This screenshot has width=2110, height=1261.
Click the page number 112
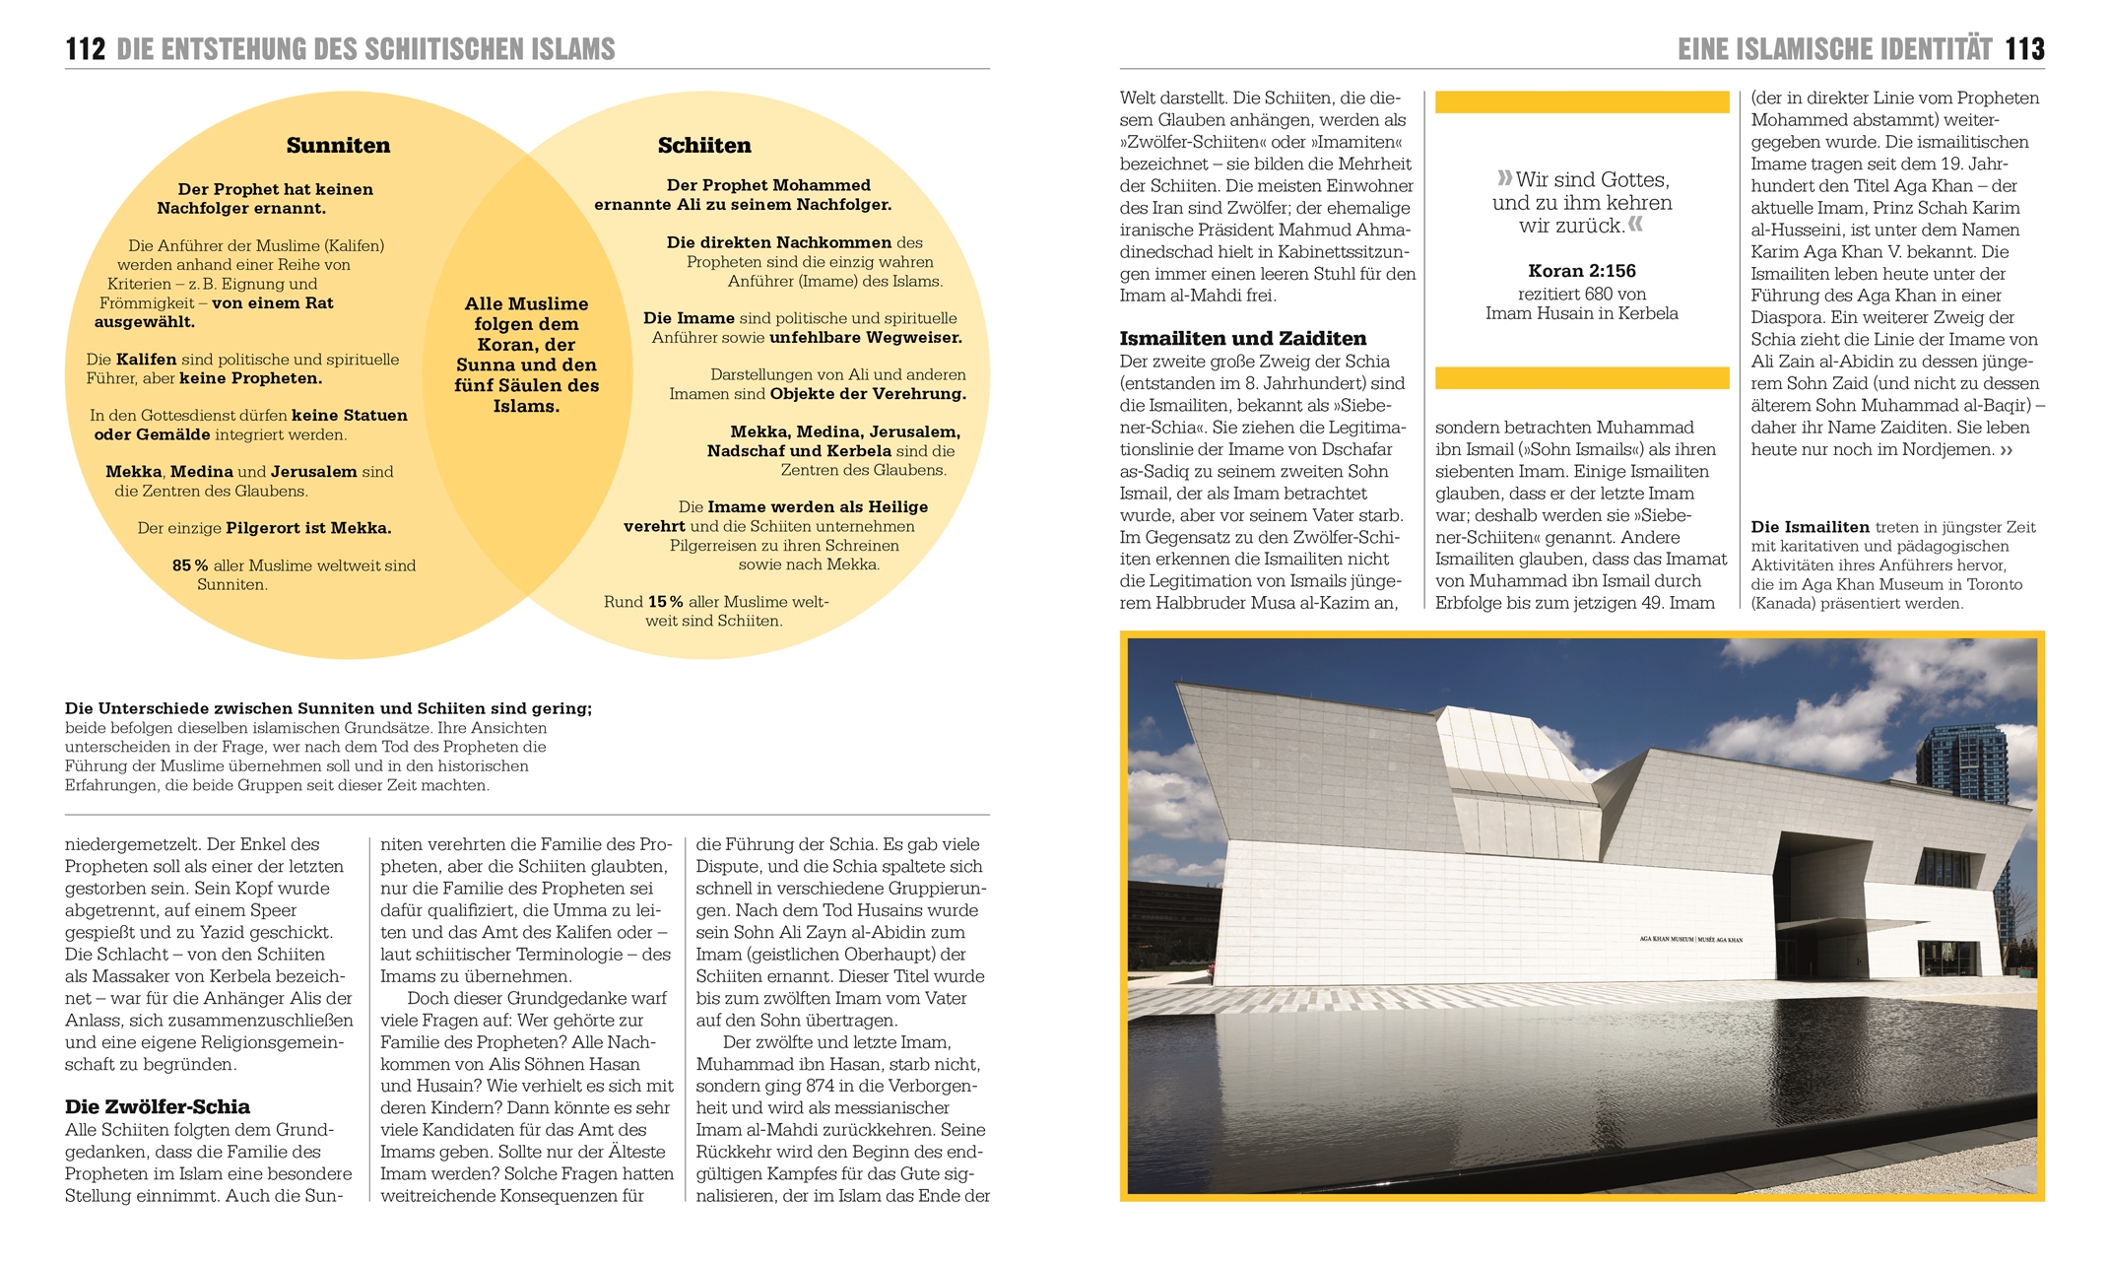pyautogui.click(x=85, y=49)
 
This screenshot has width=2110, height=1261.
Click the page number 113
pyautogui.click(x=2024, y=49)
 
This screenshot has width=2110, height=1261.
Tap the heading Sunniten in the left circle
pyautogui.click(x=338, y=146)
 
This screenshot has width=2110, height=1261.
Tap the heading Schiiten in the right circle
pyautogui.click(x=704, y=146)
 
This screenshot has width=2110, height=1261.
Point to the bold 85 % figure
pyautogui.click(x=190, y=565)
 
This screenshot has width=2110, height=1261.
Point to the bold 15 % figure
pyautogui.click(x=665, y=602)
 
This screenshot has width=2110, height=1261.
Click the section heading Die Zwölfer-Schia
pyautogui.click(x=158, y=1106)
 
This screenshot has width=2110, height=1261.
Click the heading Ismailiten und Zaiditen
pyautogui.click(x=1243, y=339)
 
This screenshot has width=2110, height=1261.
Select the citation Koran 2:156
pyautogui.click(x=1581, y=271)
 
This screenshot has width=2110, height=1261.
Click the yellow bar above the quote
pyautogui.click(x=1581, y=101)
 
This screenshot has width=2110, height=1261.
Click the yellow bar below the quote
pyautogui.click(x=1581, y=377)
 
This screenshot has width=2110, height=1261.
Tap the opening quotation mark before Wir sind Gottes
pyautogui.click(x=1504, y=178)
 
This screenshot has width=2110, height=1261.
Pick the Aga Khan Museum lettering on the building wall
pyautogui.click(x=1690, y=939)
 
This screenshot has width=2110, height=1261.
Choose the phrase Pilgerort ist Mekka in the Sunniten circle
pyautogui.click(x=308, y=528)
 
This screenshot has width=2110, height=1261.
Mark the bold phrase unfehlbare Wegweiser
pyautogui.click(x=865, y=338)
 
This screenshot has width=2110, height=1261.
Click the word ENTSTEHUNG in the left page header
pyautogui.click(x=232, y=49)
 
